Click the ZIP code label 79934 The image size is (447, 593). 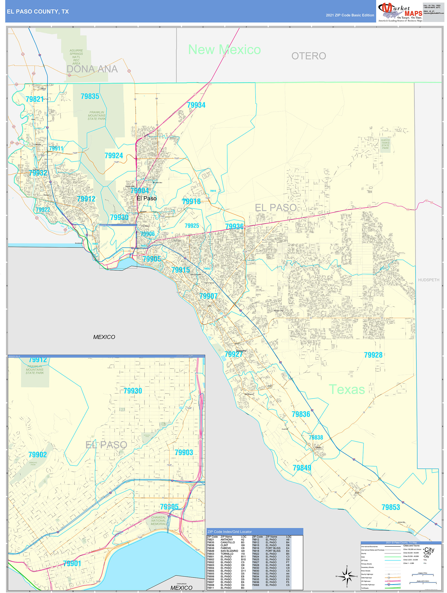(196, 105)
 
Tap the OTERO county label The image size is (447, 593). (308, 56)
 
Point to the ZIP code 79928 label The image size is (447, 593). (373, 355)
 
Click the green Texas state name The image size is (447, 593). (347, 389)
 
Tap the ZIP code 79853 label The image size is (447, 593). (390, 507)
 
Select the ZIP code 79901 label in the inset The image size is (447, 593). (72, 563)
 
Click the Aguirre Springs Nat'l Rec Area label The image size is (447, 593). (76, 57)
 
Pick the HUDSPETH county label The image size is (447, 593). (429, 280)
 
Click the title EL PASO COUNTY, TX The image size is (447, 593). (38, 12)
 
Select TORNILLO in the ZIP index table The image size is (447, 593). (227, 554)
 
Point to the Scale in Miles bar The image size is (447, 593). (423, 575)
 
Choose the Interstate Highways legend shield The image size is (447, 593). (389, 584)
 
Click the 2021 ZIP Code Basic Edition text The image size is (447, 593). (350, 15)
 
